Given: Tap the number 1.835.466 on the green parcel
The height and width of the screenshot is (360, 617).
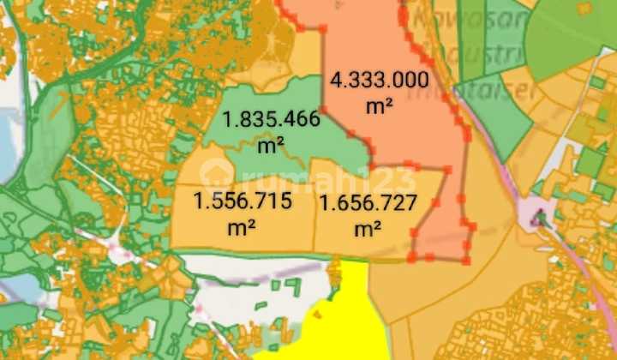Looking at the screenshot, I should pos(271,119).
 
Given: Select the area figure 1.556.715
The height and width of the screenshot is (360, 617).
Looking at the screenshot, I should pos(243,203).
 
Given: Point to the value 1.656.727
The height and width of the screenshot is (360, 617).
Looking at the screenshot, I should pos(368,204).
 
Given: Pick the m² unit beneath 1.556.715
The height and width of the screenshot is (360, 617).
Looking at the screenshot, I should pos(243,229).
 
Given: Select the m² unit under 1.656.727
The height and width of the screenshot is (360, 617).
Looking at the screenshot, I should pos(368,230).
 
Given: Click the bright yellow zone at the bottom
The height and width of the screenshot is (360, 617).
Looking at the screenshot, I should pos(343,321).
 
